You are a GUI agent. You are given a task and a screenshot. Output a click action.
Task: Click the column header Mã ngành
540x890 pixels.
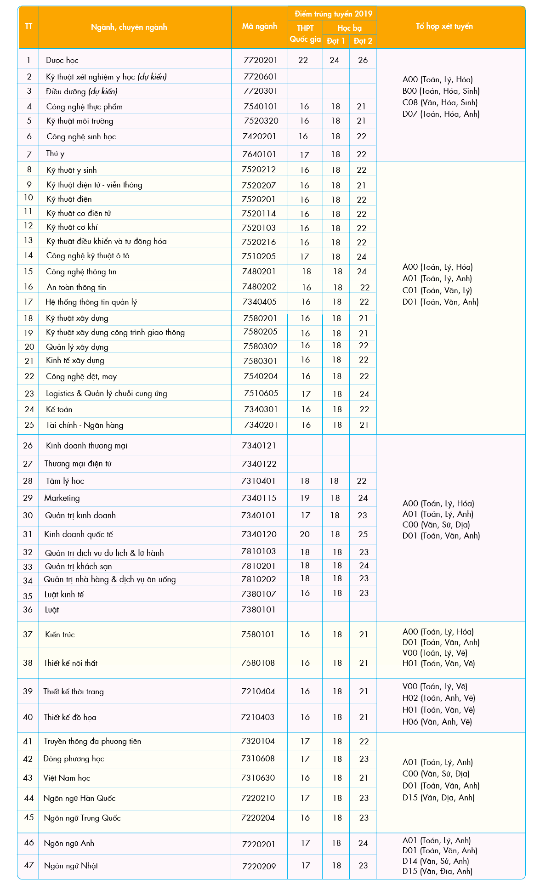[259, 26]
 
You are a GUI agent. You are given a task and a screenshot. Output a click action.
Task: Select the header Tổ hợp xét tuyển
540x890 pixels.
[444, 26]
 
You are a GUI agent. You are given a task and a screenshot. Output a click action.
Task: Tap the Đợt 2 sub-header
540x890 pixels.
[363, 41]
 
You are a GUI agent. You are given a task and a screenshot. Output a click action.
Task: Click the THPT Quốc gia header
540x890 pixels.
[305, 34]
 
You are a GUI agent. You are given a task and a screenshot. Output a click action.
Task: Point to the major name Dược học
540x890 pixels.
[62, 60]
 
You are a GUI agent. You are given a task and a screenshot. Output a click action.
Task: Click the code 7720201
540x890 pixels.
[261, 60]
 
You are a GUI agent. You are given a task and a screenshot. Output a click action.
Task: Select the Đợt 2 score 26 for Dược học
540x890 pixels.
[363, 60]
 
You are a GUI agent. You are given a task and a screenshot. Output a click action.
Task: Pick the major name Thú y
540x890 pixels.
[55, 153]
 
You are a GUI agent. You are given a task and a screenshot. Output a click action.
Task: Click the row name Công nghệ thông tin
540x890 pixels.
[81, 272]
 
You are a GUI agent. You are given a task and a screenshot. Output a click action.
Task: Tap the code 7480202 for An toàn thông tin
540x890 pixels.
[259, 287]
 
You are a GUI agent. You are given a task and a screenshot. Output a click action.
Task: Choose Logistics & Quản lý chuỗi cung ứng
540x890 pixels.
[106, 393]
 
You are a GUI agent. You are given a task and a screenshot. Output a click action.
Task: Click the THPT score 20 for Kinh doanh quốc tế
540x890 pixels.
[305, 534]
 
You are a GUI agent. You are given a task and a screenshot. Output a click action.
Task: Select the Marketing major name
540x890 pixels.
[62, 498]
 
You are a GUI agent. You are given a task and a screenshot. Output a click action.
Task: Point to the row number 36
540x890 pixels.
[28, 610]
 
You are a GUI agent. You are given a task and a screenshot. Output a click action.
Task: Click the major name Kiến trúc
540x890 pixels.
[60, 635]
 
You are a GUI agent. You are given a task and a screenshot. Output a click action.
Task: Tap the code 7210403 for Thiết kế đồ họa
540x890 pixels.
[258, 717]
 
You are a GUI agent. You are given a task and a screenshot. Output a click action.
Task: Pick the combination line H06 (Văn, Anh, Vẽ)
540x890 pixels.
[437, 722]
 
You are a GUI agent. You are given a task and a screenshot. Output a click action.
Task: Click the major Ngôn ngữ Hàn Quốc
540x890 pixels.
[80, 798]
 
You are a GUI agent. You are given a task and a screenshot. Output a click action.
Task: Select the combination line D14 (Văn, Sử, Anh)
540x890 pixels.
[436, 861]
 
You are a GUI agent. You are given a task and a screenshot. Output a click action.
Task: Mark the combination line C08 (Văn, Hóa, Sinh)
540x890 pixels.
[440, 102]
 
